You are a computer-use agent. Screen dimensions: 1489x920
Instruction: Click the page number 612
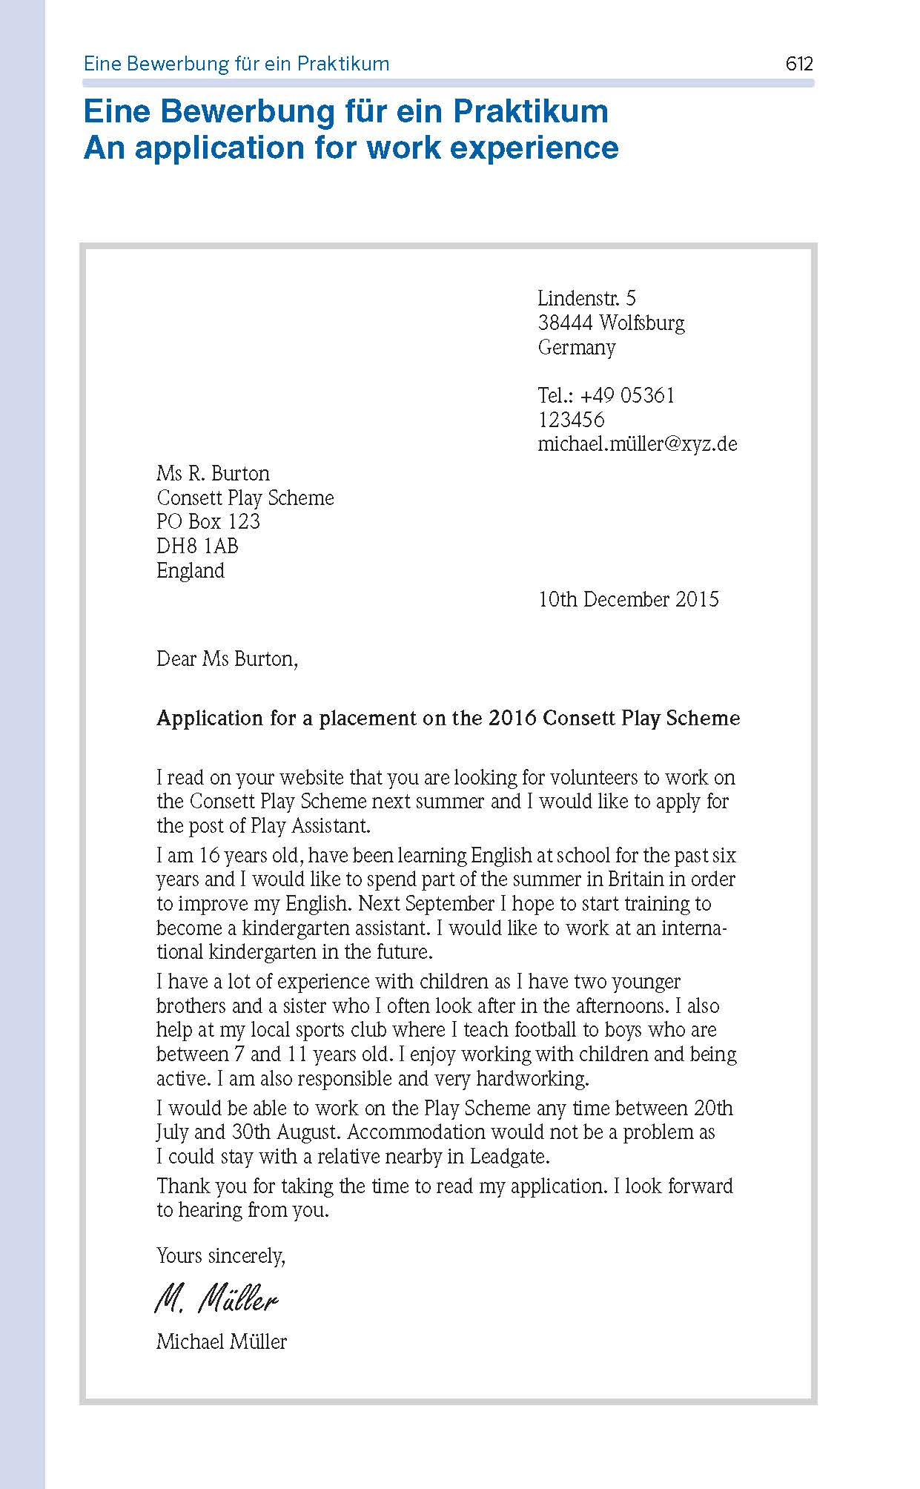(799, 64)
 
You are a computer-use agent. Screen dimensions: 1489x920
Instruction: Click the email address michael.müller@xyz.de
(638, 444)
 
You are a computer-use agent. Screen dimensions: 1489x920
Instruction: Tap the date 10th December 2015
(628, 599)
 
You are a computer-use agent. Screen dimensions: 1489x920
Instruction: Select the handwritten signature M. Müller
(216, 1299)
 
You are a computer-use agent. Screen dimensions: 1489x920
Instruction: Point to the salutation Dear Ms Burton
(227, 658)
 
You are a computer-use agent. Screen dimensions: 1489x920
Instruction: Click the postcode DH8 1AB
(197, 547)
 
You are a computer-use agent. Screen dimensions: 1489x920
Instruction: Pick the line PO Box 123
(208, 522)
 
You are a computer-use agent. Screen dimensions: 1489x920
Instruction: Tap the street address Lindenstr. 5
(586, 298)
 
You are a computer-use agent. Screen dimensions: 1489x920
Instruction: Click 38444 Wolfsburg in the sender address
(611, 323)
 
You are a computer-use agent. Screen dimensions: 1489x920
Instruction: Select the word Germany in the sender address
(577, 347)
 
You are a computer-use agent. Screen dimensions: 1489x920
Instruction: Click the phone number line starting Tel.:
(606, 395)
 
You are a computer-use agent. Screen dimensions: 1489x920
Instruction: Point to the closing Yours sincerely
(221, 1255)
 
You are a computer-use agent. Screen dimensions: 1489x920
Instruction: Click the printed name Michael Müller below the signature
(222, 1341)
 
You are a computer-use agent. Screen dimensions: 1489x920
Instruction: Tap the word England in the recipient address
(191, 571)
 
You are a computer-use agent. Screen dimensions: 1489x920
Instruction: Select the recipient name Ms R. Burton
(213, 473)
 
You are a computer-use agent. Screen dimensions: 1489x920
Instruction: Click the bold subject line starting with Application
(448, 718)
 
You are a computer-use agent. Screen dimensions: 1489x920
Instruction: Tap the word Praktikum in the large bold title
(530, 111)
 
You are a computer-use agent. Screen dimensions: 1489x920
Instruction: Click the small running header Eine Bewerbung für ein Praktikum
(236, 64)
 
